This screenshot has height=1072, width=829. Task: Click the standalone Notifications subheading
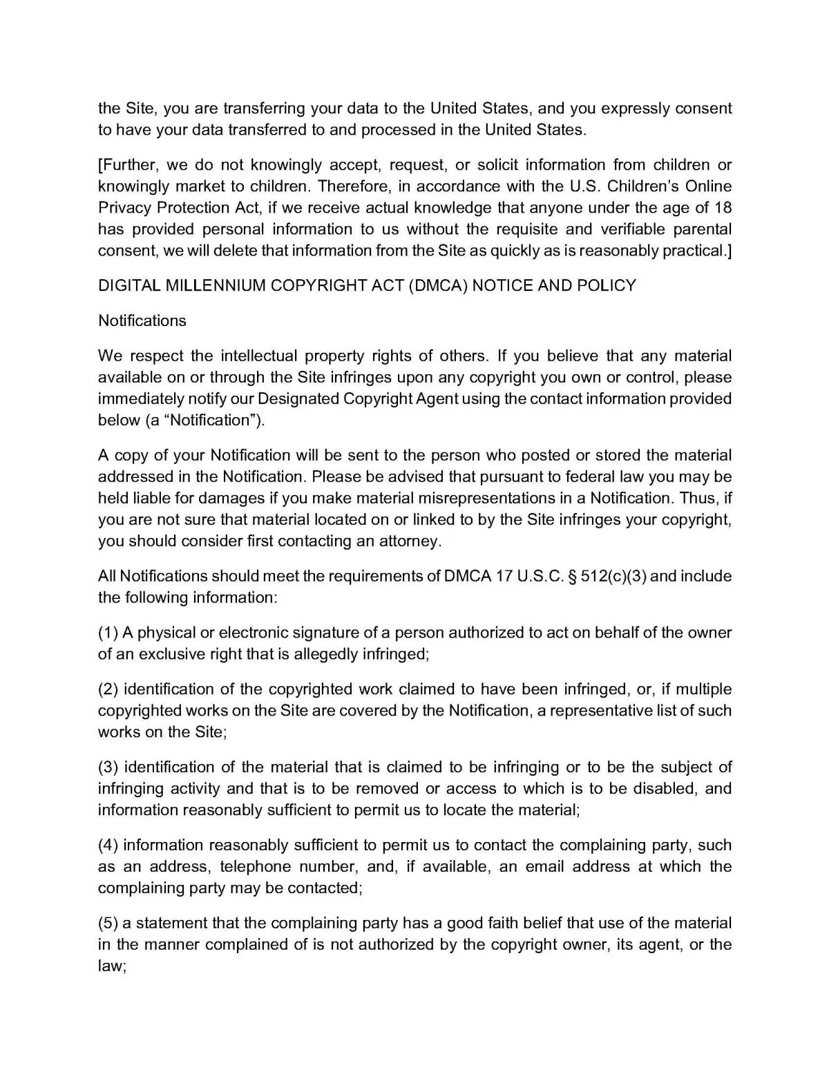click(142, 320)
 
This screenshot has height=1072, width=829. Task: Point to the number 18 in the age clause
click(722, 207)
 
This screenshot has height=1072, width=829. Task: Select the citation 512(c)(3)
click(613, 576)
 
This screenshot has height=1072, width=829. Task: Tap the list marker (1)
click(108, 633)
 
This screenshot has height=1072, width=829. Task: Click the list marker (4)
click(108, 845)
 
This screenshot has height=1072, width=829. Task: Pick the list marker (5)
click(108, 923)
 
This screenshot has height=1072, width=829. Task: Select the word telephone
click(253, 866)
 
